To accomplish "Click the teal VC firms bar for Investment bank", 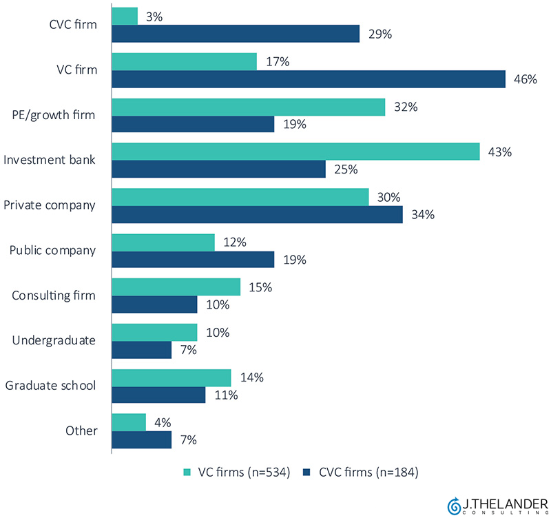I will pyautogui.click(x=295, y=152).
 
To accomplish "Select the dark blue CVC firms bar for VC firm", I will pyautogui.click(x=308, y=79).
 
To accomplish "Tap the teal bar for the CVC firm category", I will pyautogui.click(x=124, y=17).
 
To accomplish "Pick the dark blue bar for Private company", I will pyautogui.click(x=256, y=214).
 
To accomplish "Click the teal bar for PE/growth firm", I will pyautogui.click(x=248, y=107).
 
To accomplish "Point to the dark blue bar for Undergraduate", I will pyautogui.click(x=141, y=350).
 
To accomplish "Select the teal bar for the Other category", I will pyautogui.click(x=128, y=422).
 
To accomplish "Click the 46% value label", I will pyautogui.click(x=525, y=79).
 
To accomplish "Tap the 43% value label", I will pyautogui.click(x=499, y=152).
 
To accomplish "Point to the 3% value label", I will pyautogui.click(x=154, y=17).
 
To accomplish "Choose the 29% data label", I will pyautogui.click(x=379, y=34).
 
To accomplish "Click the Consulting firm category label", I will pyautogui.click(x=54, y=296).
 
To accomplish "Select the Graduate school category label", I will pyautogui.click(x=50, y=386).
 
